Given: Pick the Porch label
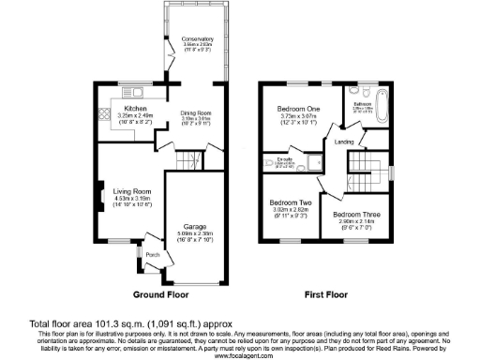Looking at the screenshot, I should [x=152, y=253].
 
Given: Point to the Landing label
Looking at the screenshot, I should [x=345, y=142].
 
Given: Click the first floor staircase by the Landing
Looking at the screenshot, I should [x=361, y=170].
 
